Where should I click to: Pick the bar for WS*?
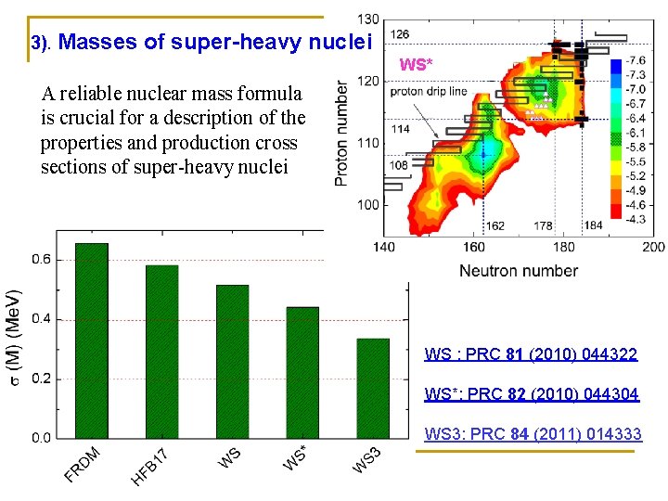pyautogui.click(x=302, y=372)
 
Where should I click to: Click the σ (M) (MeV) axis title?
pyautogui.click(x=13, y=339)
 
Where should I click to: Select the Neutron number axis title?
pyautogui.click(x=519, y=271)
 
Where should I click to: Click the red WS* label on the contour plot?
pyautogui.click(x=416, y=64)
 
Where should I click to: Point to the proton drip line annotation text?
pyautogui.click(x=428, y=92)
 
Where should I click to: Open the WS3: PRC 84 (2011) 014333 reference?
pyautogui.click(x=533, y=434)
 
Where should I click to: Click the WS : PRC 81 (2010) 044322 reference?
pyautogui.click(x=531, y=354)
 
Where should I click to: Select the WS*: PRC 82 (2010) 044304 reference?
pyautogui.click(x=532, y=394)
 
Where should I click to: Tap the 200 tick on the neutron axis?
pyautogui.click(x=653, y=247)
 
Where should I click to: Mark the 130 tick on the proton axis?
pyautogui.click(x=368, y=19)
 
